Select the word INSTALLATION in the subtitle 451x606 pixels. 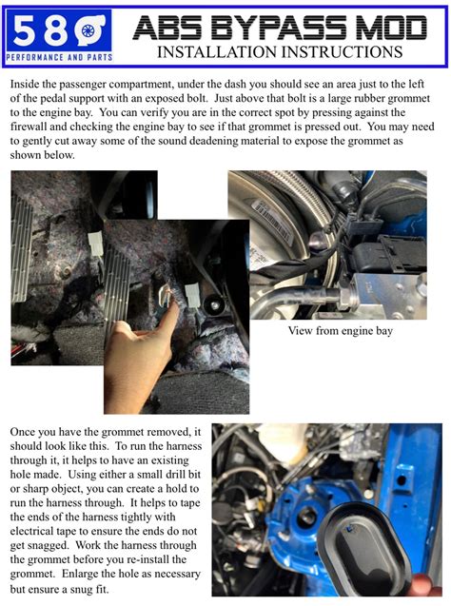tap(213, 52)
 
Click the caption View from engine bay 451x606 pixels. tap(339, 331)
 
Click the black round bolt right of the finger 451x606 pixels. tap(214, 306)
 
